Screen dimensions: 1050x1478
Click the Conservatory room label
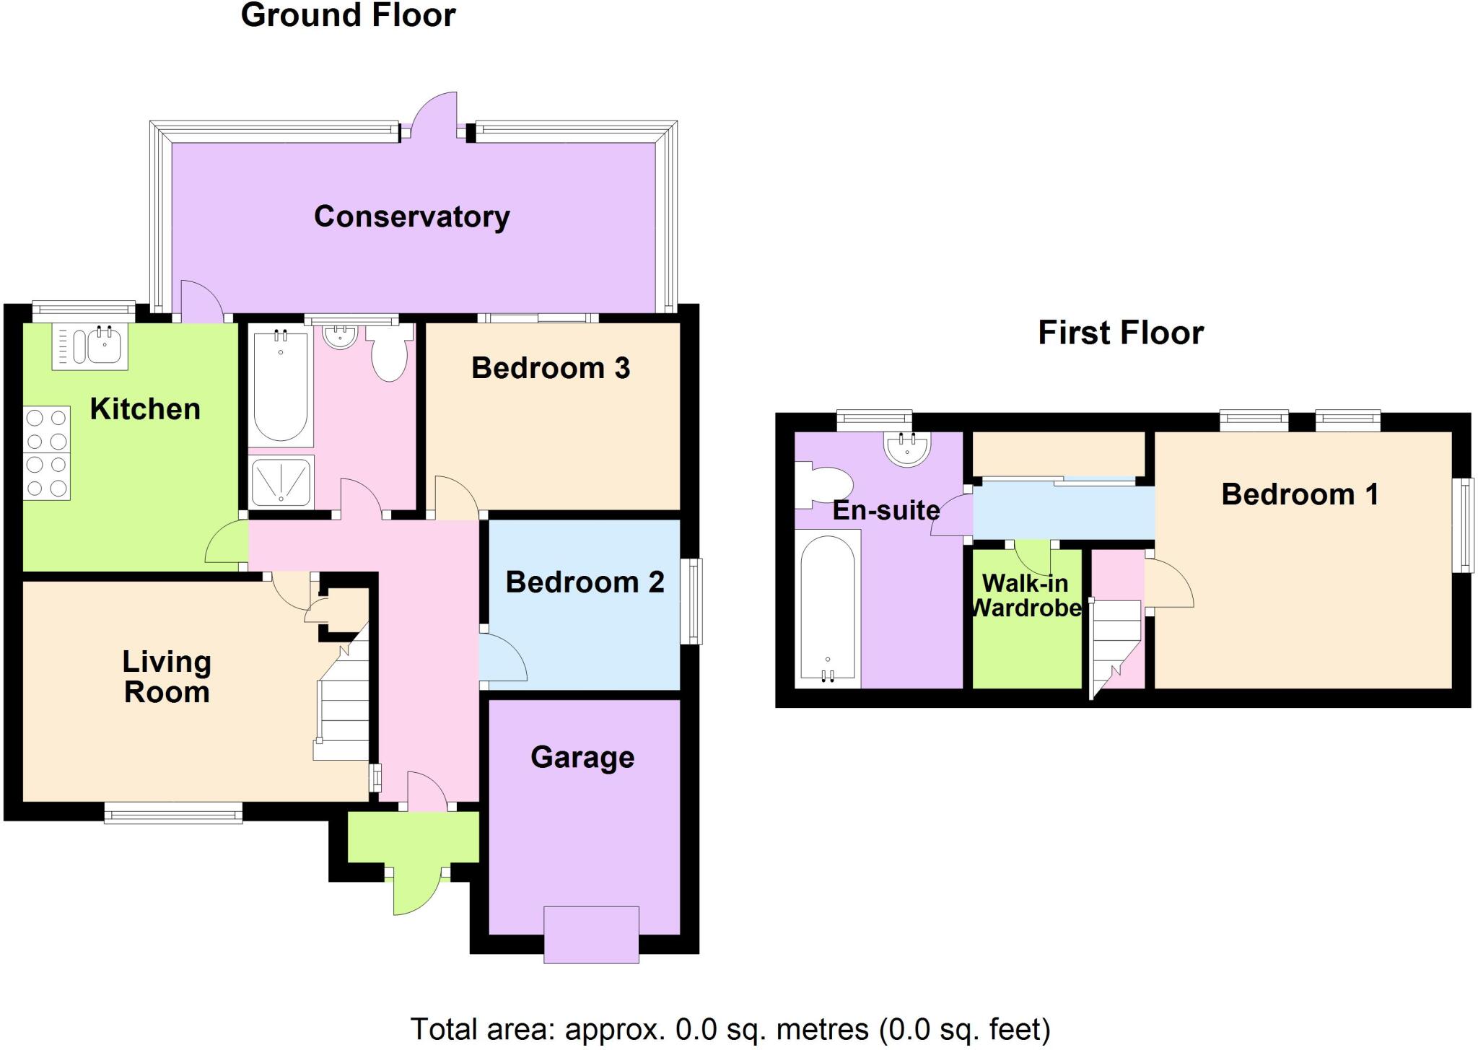click(x=411, y=216)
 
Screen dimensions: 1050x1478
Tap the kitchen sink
click(x=90, y=346)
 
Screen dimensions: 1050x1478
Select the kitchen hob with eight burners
click(x=47, y=453)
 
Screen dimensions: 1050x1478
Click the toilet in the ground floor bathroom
click(x=389, y=354)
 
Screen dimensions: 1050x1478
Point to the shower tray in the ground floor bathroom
click(x=281, y=481)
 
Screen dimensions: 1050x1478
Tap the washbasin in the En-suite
click(x=907, y=448)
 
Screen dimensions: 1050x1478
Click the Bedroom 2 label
click(x=585, y=582)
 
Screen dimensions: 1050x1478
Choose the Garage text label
click(x=582, y=758)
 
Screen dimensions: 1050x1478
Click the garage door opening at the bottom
click(x=591, y=935)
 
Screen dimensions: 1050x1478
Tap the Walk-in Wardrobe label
click(x=1026, y=595)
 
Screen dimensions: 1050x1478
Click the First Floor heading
click(x=1121, y=333)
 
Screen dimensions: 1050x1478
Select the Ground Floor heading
click(x=348, y=16)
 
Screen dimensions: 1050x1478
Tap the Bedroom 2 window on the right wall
click(x=691, y=601)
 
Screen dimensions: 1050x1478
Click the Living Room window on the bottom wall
click(x=173, y=815)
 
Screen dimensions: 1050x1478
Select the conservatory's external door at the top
click(x=436, y=115)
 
